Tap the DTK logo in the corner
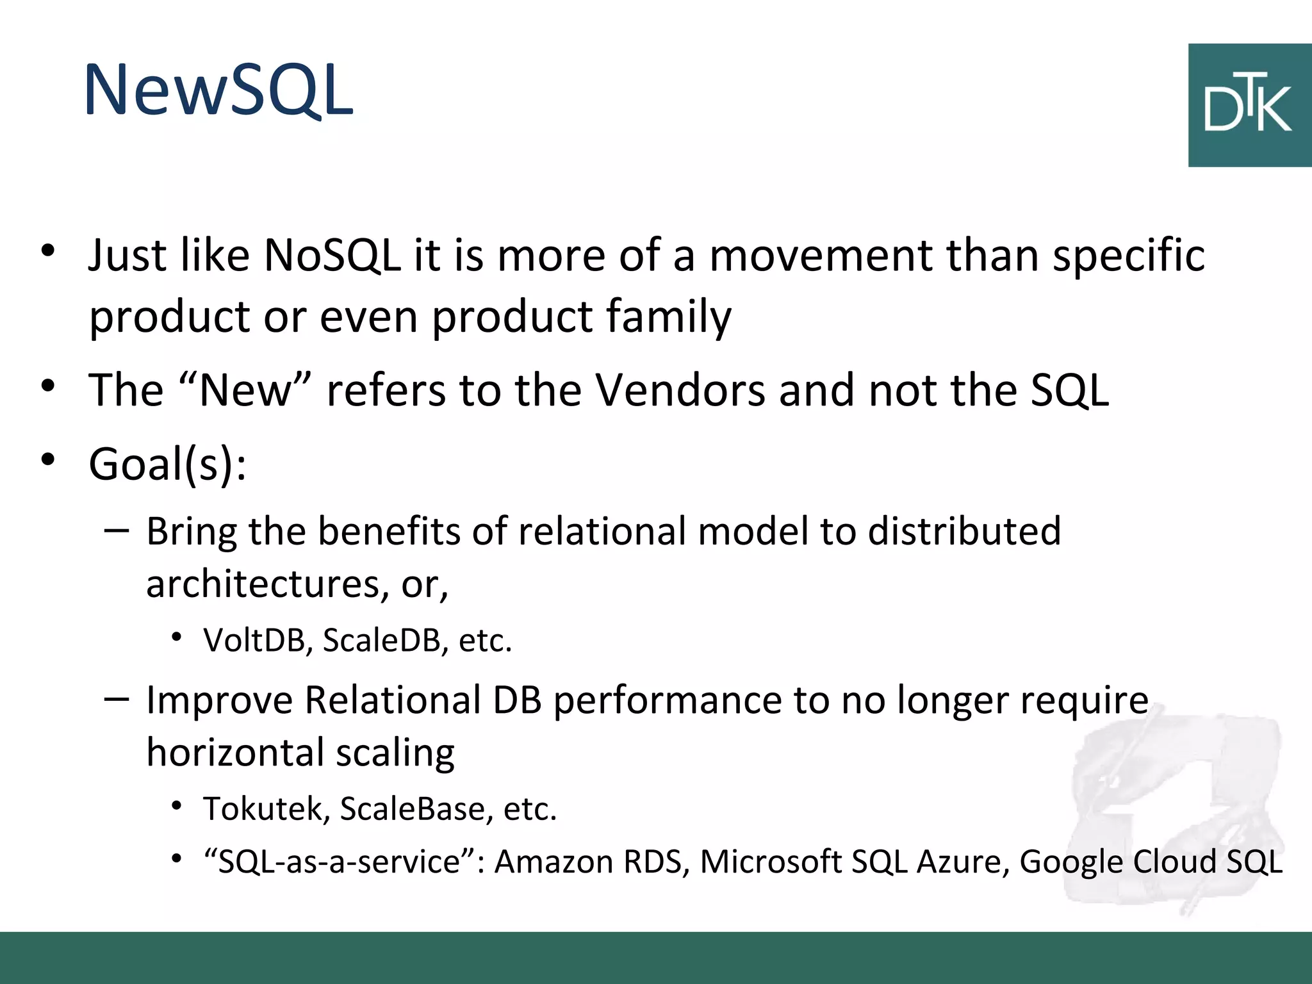point(1249,106)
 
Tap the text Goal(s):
point(167,464)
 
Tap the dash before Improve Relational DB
point(116,698)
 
